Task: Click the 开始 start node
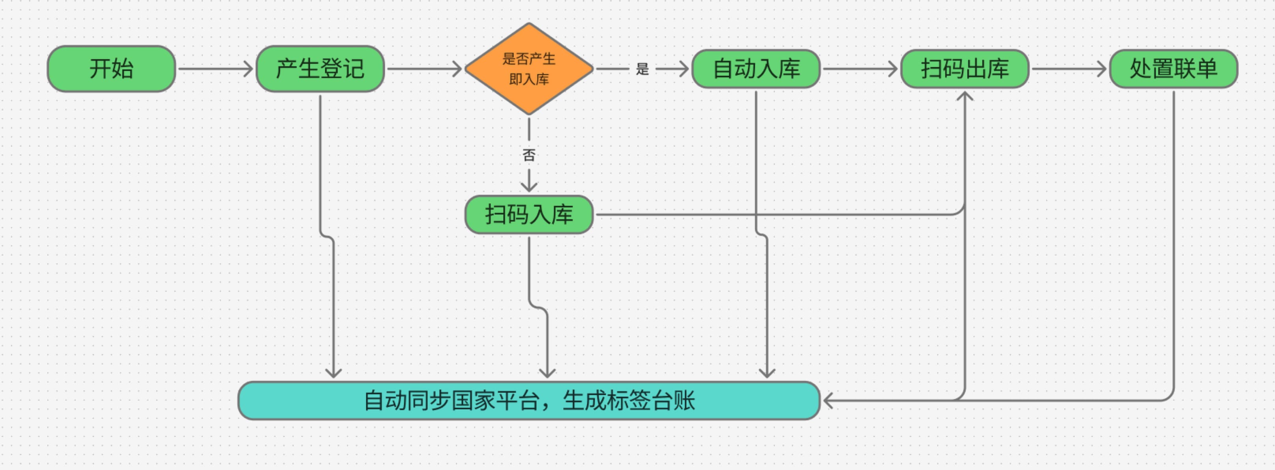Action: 111,69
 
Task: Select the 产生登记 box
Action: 320,69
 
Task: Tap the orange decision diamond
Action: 529,69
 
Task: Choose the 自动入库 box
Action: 756,69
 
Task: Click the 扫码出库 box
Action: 965,69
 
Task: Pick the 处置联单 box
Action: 1174,69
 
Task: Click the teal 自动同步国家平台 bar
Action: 529,401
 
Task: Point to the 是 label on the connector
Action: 642,69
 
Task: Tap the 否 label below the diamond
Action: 529,155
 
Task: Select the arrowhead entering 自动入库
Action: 684,69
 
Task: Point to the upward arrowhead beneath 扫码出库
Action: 965,96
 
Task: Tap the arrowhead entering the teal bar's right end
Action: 828,401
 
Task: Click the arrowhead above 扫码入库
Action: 529,187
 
